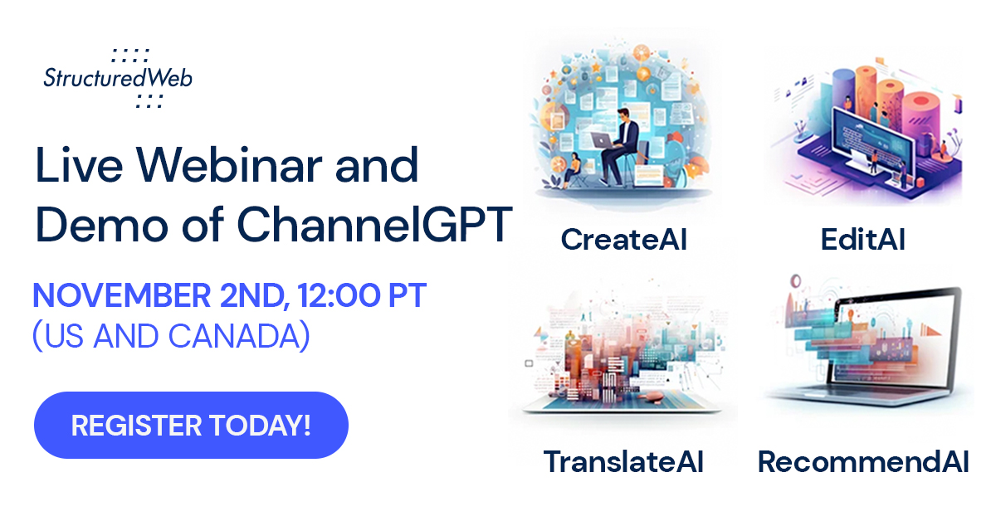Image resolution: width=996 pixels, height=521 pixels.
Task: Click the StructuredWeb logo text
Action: pos(118,79)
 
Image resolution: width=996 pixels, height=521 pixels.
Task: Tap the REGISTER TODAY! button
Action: pos(191,426)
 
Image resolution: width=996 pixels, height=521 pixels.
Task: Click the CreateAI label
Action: pos(623,240)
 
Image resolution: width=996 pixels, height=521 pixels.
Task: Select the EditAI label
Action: pos(862,240)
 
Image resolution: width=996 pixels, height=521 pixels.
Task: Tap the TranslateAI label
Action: pos(623,462)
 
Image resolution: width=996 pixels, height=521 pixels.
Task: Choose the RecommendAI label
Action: pos(863,462)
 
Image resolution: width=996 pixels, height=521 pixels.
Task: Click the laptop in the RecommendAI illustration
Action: pos(871,357)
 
